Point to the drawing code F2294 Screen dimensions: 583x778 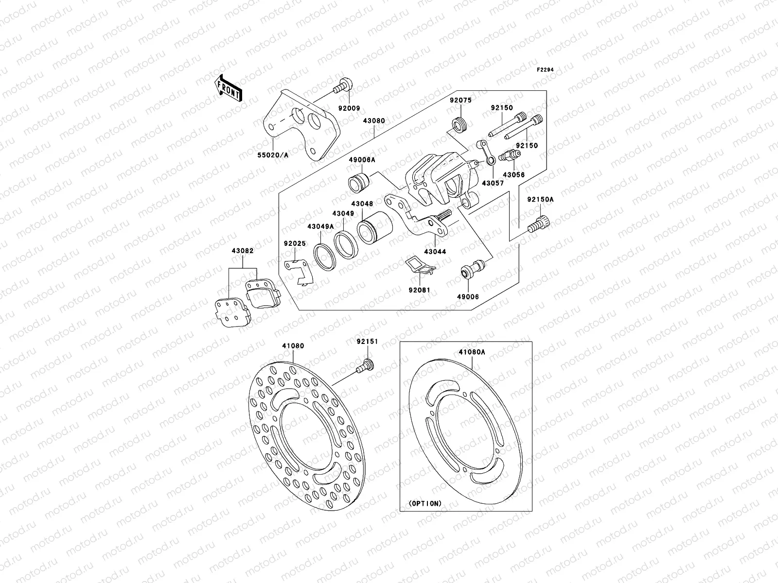(x=546, y=69)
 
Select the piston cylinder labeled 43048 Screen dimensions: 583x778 (x=375, y=227)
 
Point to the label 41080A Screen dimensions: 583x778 (x=471, y=353)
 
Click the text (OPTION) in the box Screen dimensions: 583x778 (x=424, y=503)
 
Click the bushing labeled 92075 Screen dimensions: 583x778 (x=459, y=125)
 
